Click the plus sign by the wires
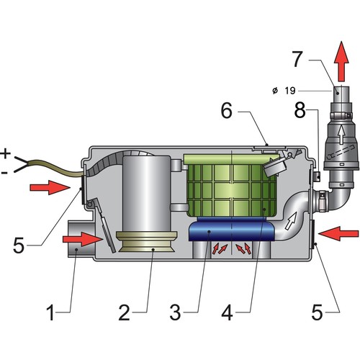point(6,153)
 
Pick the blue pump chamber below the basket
point(230,233)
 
